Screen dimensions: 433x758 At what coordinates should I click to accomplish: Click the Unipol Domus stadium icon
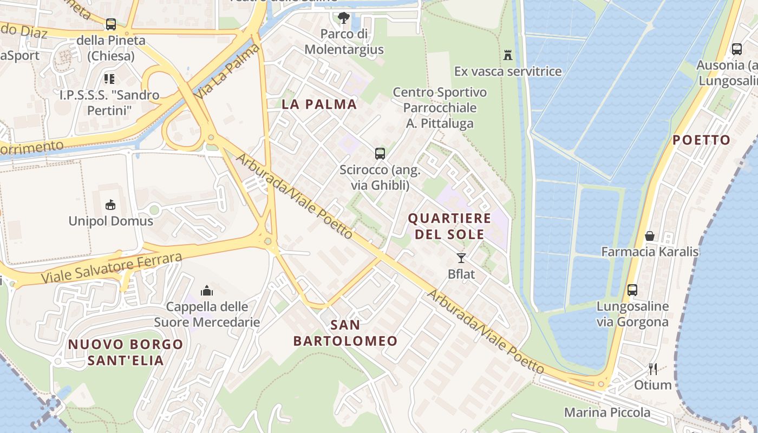point(110,205)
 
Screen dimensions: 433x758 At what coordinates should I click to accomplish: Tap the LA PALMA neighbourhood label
point(319,104)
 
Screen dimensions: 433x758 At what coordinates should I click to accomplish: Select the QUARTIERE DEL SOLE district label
point(449,226)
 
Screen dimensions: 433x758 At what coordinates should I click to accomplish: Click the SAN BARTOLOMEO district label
point(345,333)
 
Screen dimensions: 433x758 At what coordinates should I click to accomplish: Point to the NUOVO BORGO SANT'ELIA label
point(126,352)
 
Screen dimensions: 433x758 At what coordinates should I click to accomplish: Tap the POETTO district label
point(701,140)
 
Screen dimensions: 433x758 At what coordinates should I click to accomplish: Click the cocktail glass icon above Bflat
point(461,258)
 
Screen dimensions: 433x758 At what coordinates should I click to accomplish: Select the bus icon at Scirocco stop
point(380,153)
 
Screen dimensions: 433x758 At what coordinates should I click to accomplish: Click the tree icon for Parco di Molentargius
point(343,18)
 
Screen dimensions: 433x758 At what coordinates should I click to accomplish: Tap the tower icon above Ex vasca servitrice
point(508,55)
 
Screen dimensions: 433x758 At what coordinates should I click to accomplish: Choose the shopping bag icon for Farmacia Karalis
point(649,236)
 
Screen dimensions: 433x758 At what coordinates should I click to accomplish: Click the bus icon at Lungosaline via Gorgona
point(632,290)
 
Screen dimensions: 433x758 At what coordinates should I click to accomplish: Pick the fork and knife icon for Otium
point(653,369)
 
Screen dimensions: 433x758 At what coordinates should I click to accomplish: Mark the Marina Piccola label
point(607,412)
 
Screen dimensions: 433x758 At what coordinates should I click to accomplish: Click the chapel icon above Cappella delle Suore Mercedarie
point(207,291)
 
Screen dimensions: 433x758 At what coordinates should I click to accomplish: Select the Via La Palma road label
point(228,71)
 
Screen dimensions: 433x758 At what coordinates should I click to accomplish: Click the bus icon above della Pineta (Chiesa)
point(111,24)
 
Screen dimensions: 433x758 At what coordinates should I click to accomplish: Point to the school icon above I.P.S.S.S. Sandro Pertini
point(109,79)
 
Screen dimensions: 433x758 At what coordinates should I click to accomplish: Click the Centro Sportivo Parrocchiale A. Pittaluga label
point(440,108)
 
